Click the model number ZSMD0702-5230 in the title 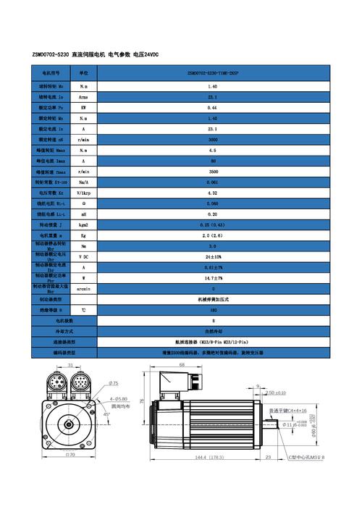tap(50, 55)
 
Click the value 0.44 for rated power tap(213, 106)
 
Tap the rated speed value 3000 tap(213, 139)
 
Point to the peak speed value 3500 tap(213, 172)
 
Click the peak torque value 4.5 tap(213, 150)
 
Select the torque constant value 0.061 tap(213, 182)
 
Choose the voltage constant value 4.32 tap(213, 193)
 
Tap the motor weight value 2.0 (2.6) tap(213, 235)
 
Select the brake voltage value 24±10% tap(213, 256)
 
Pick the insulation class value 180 tap(213, 309)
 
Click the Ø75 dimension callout tap(114, 382)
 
